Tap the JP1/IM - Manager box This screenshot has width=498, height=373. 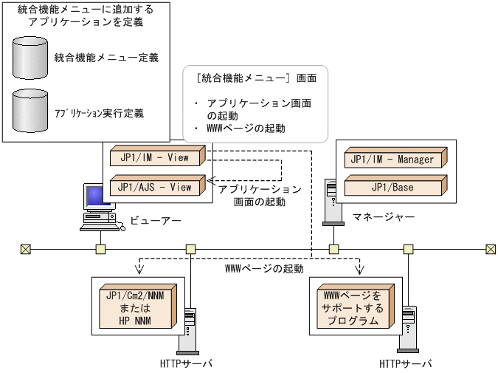pos(393,160)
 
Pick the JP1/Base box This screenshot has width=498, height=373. pos(393,187)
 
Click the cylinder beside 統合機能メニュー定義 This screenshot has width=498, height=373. pos(30,57)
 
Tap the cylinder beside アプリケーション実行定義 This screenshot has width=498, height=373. pos(30,111)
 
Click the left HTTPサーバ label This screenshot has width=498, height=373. pos(186,363)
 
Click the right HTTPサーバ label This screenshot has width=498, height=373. pos(406,363)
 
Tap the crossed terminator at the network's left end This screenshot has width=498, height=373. pos(26,249)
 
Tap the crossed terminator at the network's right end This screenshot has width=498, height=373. pos(491,249)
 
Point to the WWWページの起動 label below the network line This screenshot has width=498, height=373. pos(263,269)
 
